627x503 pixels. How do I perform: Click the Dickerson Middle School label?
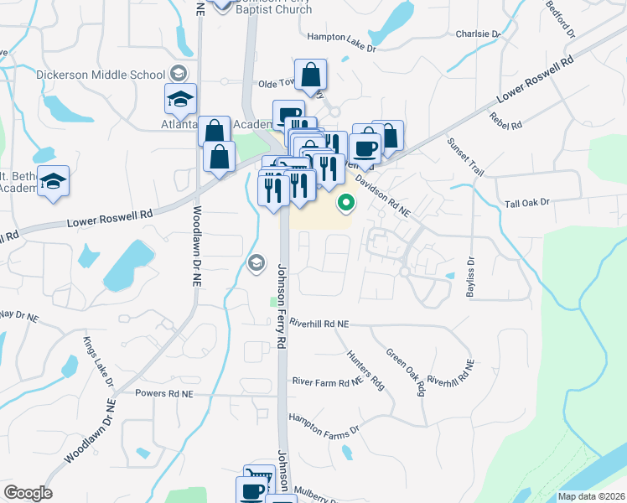pyautogui.click(x=101, y=75)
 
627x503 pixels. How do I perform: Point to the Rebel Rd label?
pyautogui.click(x=506, y=121)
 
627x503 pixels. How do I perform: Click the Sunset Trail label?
pyautogui.click(x=465, y=157)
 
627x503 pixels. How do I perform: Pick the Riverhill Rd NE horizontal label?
pyautogui.click(x=319, y=323)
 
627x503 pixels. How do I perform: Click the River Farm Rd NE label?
pyautogui.click(x=327, y=381)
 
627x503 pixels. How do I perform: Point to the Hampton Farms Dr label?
pyautogui.click(x=324, y=424)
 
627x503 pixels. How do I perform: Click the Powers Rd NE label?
pyautogui.click(x=164, y=393)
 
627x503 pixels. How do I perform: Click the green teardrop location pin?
pyautogui.click(x=345, y=202)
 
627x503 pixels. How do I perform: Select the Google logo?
pyautogui.click(x=28, y=493)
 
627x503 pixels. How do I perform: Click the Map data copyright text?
pyautogui.click(x=591, y=496)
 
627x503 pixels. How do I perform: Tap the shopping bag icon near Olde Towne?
pyautogui.click(x=310, y=75)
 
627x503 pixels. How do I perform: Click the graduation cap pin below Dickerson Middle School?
pyautogui.click(x=180, y=99)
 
